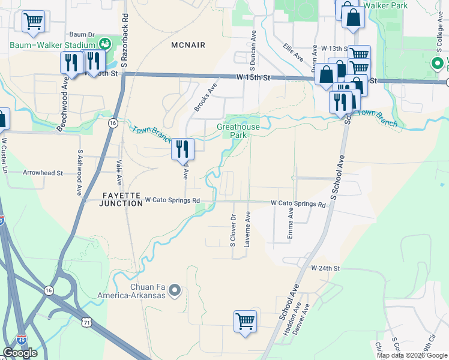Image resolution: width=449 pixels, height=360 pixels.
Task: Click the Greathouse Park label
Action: [238, 131]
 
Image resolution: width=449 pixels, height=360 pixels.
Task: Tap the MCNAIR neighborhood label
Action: [188, 45]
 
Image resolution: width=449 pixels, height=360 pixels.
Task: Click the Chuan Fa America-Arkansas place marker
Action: [175, 291]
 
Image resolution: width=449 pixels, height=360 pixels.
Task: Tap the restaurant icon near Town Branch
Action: [182, 149]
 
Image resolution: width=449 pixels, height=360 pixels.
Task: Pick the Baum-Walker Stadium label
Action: [53, 45]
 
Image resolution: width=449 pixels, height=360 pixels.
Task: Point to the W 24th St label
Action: [325, 268]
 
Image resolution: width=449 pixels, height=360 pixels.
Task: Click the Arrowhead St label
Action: [43, 173]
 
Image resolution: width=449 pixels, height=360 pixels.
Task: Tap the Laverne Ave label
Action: [247, 229]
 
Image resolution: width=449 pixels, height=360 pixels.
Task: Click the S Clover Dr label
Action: [233, 230]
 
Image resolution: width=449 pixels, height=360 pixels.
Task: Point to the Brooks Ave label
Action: [205, 97]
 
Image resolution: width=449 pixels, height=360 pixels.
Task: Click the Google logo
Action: [20, 353]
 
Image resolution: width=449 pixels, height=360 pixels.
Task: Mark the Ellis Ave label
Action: [294, 52]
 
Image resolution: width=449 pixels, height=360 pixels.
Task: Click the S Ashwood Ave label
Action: [79, 173]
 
